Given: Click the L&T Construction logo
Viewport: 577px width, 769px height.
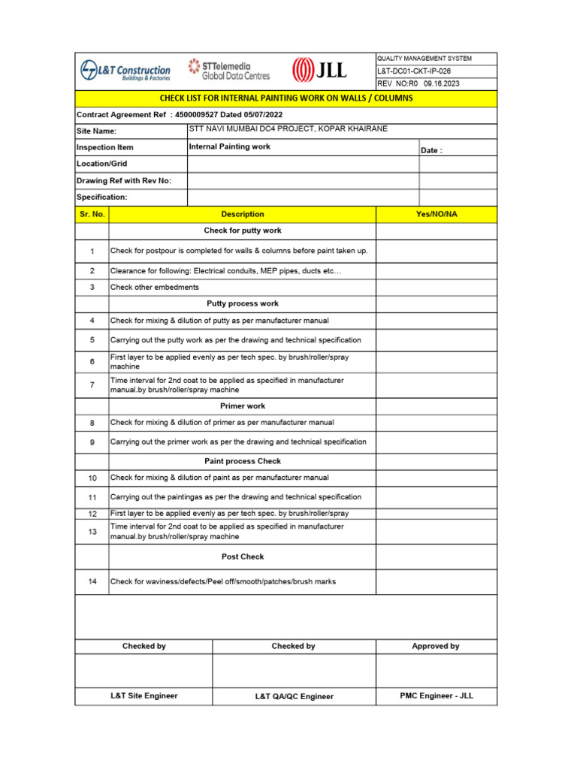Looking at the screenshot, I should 125,71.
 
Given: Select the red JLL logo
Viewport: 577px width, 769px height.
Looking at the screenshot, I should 319,71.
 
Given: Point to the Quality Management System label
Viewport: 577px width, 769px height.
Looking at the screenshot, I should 424,59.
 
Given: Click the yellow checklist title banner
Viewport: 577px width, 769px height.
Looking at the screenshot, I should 286,98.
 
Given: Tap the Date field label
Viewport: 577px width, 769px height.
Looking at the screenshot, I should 431,151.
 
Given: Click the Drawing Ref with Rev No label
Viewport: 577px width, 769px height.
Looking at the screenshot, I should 124,181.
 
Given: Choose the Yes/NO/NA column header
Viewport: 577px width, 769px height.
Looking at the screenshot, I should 436,214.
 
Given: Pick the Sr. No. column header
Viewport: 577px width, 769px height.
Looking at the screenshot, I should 92,214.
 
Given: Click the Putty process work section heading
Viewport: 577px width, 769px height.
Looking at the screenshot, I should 242,303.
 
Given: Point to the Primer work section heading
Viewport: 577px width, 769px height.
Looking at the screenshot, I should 242,406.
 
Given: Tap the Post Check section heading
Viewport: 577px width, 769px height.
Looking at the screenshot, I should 242,556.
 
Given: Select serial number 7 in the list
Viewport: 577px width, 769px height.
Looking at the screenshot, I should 92,385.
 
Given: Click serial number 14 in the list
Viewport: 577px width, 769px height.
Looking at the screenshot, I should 92,582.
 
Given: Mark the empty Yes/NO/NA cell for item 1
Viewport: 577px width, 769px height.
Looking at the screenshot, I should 436,251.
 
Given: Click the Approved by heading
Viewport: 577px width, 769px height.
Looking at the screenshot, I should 436,646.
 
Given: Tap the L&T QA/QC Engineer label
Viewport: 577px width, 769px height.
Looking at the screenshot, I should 294,696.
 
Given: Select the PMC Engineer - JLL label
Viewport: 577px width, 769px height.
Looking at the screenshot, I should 437,695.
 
